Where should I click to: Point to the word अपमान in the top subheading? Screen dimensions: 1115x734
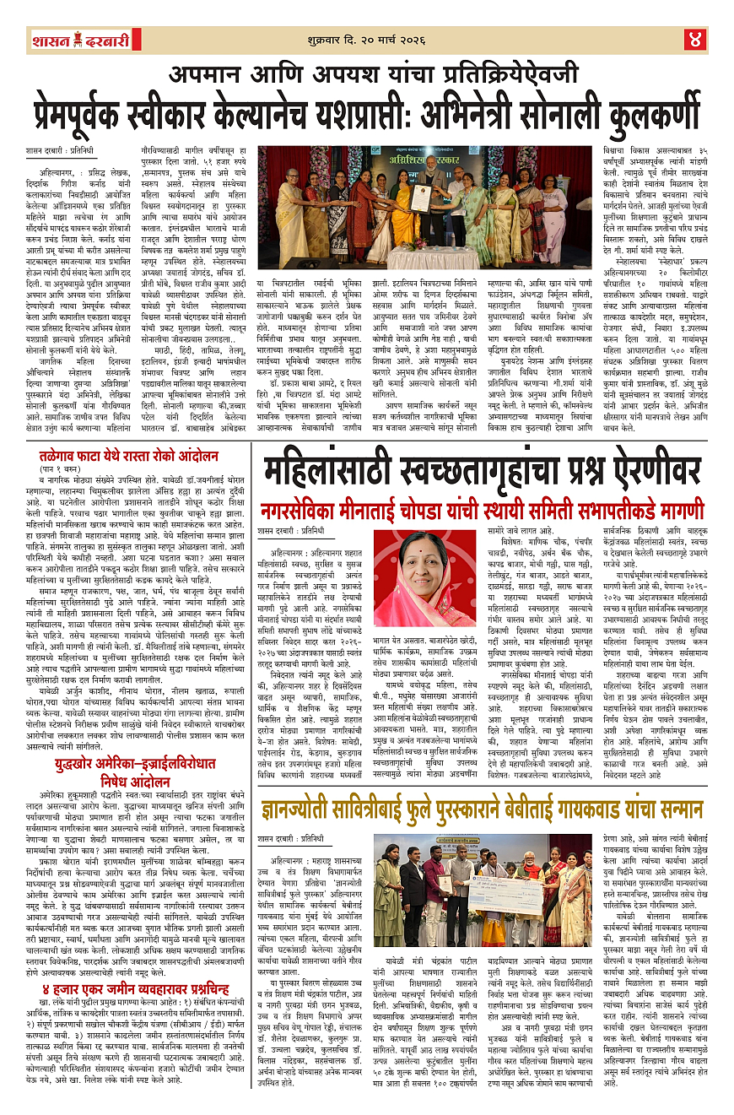click(x=206, y=74)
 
